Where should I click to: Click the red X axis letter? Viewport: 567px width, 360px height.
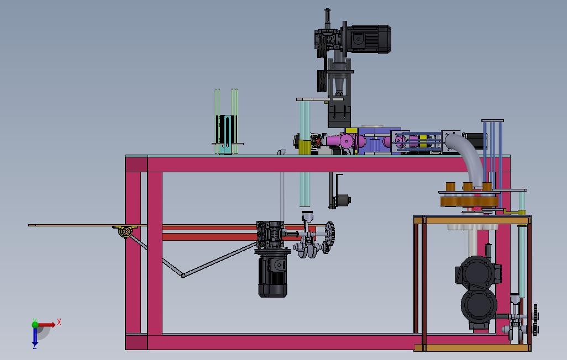click(59, 322)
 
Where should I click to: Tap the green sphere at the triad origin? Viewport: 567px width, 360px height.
click(35, 324)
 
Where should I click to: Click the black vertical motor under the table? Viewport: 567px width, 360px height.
click(272, 275)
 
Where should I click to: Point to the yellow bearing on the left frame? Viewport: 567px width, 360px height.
click(125, 231)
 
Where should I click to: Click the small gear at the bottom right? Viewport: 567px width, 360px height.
click(535, 320)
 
